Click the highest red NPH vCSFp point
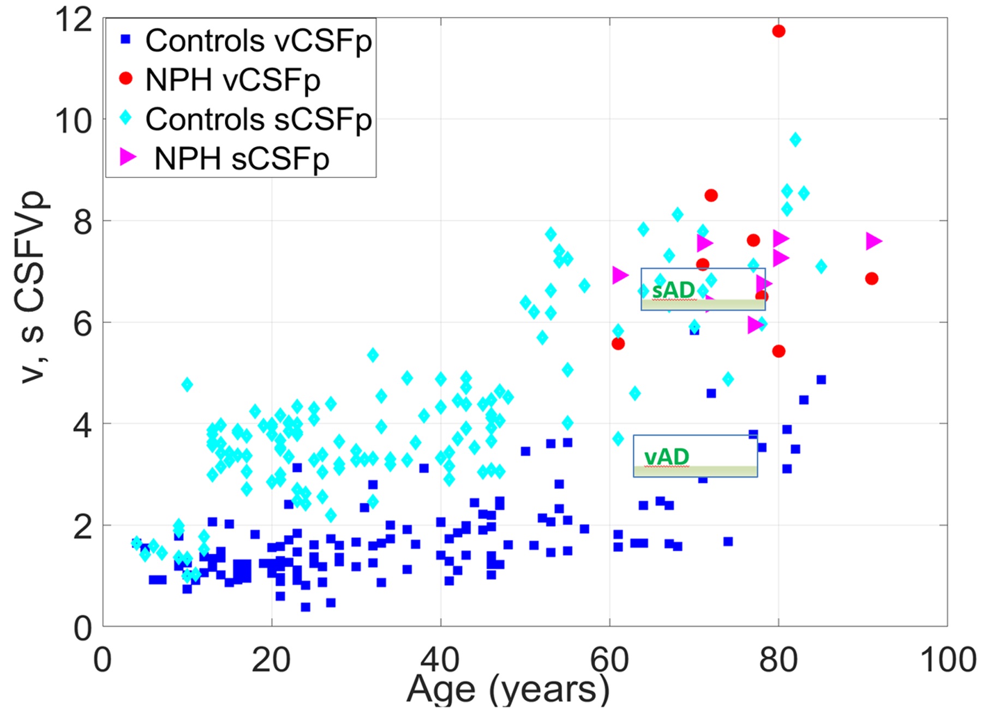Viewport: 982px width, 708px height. click(x=779, y=31)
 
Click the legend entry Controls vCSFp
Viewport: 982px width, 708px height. click(x=258, y=40)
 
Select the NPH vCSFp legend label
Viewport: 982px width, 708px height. click(x=232, y=80)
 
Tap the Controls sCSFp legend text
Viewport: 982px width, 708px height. click(x=258, y=119)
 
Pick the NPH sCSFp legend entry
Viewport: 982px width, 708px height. click(x=242, y=158)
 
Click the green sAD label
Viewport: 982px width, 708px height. click(x=673, y=290)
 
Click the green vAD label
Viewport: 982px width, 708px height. click(x=667, y=457)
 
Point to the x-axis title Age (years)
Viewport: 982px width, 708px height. click(x=507, y=688)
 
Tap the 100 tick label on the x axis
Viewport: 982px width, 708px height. click(x=948, y=659)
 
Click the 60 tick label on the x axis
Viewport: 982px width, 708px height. click(x=609, y=659)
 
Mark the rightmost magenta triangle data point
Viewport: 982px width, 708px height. click(x=873, y=241)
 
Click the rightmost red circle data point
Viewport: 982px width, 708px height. click(x=871, y=279)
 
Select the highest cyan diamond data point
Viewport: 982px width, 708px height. click(x=795, y=140)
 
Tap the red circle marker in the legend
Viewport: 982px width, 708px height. click(x=125, y=79)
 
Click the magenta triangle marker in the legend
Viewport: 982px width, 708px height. click(x=128, y=157)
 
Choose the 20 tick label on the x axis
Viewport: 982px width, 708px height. click(x=271, y=659)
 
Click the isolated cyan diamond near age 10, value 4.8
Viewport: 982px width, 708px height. click(x=187, y=385)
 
